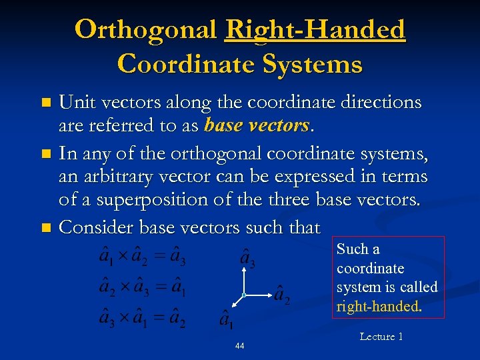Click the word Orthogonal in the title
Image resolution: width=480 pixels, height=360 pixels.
point(146,30)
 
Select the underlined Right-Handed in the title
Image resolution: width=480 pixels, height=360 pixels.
point(315,30)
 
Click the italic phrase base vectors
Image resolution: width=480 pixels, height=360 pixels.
point(257,125)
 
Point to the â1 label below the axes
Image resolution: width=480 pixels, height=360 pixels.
point(227,320)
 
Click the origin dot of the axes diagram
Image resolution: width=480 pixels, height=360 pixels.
point(245,294)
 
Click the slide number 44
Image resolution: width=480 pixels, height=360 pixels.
point(239,346)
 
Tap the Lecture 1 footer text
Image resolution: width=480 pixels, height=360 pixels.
point(381,337)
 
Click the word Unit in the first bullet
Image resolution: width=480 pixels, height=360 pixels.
point(74,102)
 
